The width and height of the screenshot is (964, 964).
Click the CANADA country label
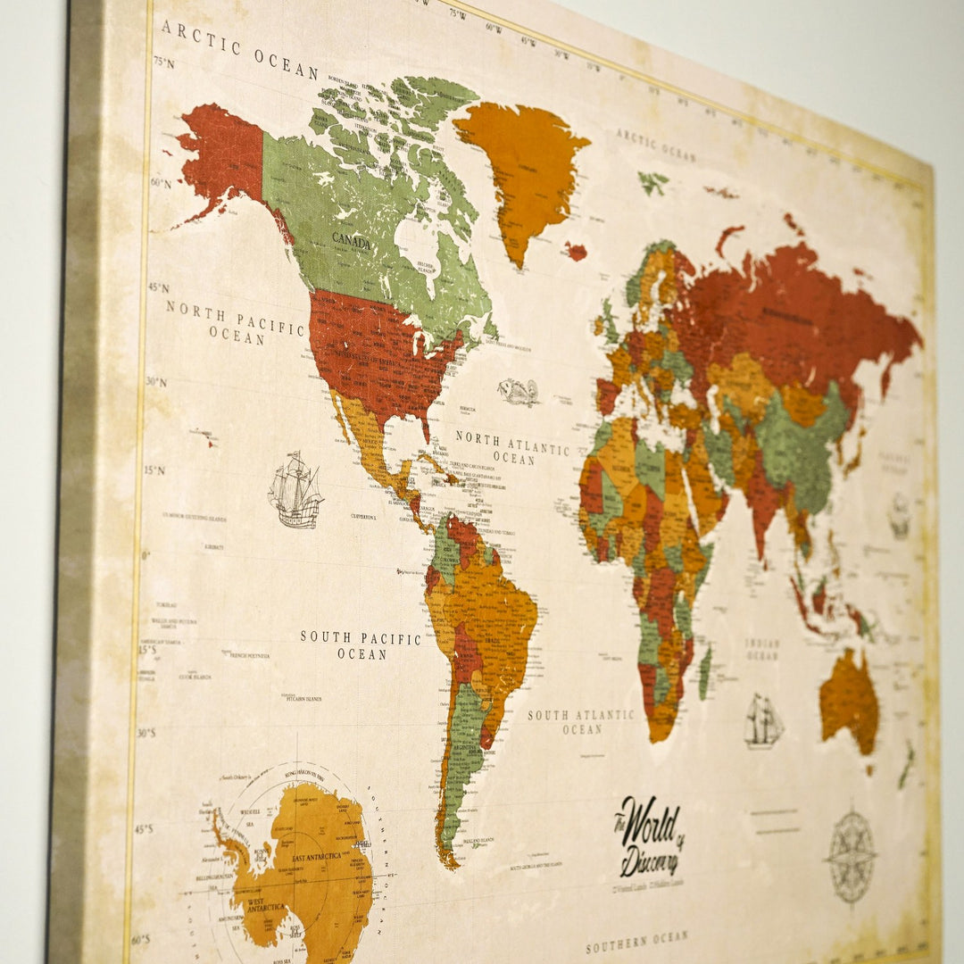[x=351, y=239]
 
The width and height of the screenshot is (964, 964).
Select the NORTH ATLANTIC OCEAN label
[x=512, y=449]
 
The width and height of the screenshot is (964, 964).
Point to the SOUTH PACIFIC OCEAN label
[x=361, y=645]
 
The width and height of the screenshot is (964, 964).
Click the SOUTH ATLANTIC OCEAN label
[x=581, y=721]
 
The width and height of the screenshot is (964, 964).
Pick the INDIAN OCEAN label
[x=762, y=649]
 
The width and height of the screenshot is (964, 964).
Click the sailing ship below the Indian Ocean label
[x=763, y=721]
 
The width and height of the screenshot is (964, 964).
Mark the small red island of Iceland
[x=576, y=252]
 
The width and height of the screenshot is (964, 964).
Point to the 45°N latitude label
[x=159, y=287]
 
